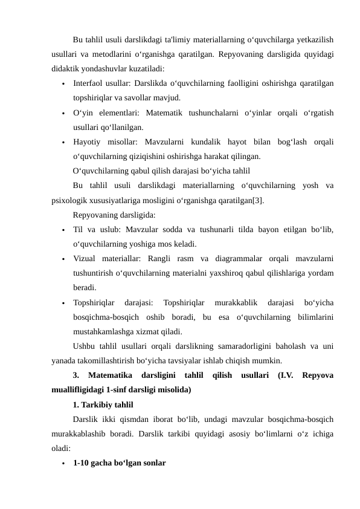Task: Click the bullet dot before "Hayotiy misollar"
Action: (x=62, y=143)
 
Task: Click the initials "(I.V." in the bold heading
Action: (x=284, y=375)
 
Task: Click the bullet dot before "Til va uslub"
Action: (x=62, y=231)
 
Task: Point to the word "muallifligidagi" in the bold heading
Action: (x=81, y=390)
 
